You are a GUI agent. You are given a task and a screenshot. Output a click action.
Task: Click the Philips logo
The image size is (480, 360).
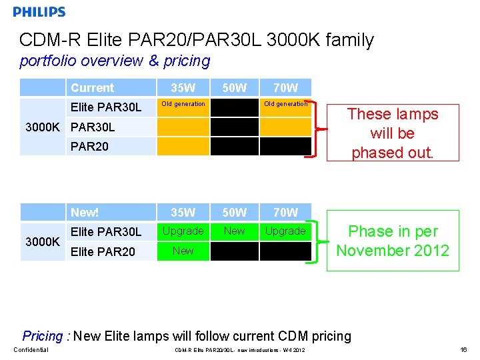click(x=39, y=12)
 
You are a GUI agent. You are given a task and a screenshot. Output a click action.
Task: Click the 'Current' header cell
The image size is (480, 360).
click(x=92, y=88)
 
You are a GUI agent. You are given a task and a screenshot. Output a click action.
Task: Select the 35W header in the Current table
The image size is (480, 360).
click(x=183, y=88)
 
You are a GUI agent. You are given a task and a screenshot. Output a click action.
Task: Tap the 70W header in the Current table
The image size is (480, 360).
click(x=285, y=88)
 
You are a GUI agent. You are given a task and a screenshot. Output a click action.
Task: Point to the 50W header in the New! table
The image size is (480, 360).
click(x=234, y=213)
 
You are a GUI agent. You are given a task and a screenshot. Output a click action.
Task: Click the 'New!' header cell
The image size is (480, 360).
click(x=85, y=213)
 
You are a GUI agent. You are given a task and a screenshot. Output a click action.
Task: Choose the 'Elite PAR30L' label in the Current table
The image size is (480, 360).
click(x=106, y=107)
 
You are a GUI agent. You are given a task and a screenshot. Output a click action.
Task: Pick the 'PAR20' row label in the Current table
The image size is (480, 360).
click(x=89, y=145)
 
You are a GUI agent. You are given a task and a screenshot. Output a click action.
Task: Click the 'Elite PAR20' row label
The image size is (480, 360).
click(x=103, y=251)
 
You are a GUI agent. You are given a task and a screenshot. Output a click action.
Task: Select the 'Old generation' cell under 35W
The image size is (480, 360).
click(x=183, y=105)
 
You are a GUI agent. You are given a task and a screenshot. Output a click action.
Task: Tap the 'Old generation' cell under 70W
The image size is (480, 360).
click(x=285, y=105)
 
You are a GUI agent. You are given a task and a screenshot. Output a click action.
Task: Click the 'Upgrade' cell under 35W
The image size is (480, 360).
click(x=183, y=231)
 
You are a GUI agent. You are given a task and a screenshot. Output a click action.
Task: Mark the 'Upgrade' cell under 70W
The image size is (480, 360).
click(x=285, y=231)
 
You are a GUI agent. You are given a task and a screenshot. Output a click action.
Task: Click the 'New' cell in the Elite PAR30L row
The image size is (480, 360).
click(x=234, y=231)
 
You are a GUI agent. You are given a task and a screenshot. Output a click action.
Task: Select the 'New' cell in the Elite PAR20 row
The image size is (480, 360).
click(x=183, y=251)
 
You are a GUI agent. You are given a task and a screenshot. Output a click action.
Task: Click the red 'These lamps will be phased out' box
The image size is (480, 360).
click(x=393, y=133)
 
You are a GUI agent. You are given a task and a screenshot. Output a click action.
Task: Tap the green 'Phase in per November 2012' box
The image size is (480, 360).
click(x=393, y=241)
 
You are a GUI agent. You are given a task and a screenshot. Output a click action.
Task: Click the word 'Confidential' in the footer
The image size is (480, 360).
click(x=31, y=350)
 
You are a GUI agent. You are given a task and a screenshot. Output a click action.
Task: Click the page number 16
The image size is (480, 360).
click(x=464, y=350)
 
